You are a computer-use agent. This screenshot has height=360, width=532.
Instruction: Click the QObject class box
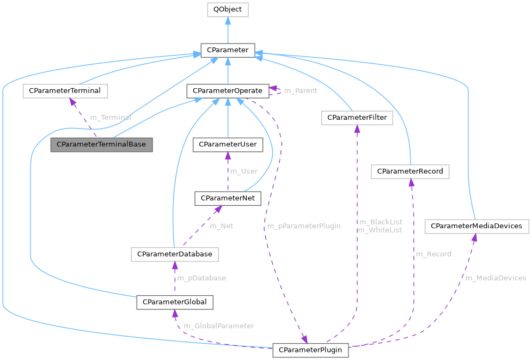click(228, 9)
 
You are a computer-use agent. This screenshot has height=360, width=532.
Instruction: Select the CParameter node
click(228, 50)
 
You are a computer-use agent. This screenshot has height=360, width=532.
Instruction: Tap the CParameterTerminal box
click(65, 91)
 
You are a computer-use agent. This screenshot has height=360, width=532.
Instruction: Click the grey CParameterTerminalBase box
click(102, 145)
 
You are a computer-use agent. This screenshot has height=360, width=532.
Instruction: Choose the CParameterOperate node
click(227, 91)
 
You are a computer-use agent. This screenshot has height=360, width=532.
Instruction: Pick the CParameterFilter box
click(357, 118)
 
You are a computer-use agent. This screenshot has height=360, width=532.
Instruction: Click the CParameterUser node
click(228, 145)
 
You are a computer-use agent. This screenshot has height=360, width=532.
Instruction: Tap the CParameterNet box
click(228, 199)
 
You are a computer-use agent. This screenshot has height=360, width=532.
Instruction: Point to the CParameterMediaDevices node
click(476, 226)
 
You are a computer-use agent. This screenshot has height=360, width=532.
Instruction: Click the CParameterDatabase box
click(174, 254)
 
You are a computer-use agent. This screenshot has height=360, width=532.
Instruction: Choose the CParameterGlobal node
click(174, 302)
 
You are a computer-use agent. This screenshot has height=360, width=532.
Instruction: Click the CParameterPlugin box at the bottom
click(310, 350)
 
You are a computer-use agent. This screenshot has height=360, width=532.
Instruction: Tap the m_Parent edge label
click(301, 90)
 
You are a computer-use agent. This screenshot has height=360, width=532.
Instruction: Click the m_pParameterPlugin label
click(303, 226)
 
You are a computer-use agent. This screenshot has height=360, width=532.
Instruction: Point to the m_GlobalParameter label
click(219, 326)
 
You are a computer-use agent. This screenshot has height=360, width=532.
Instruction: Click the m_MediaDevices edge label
click(496, 278)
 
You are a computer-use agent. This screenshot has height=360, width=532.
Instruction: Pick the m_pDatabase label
click(201, 278)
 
